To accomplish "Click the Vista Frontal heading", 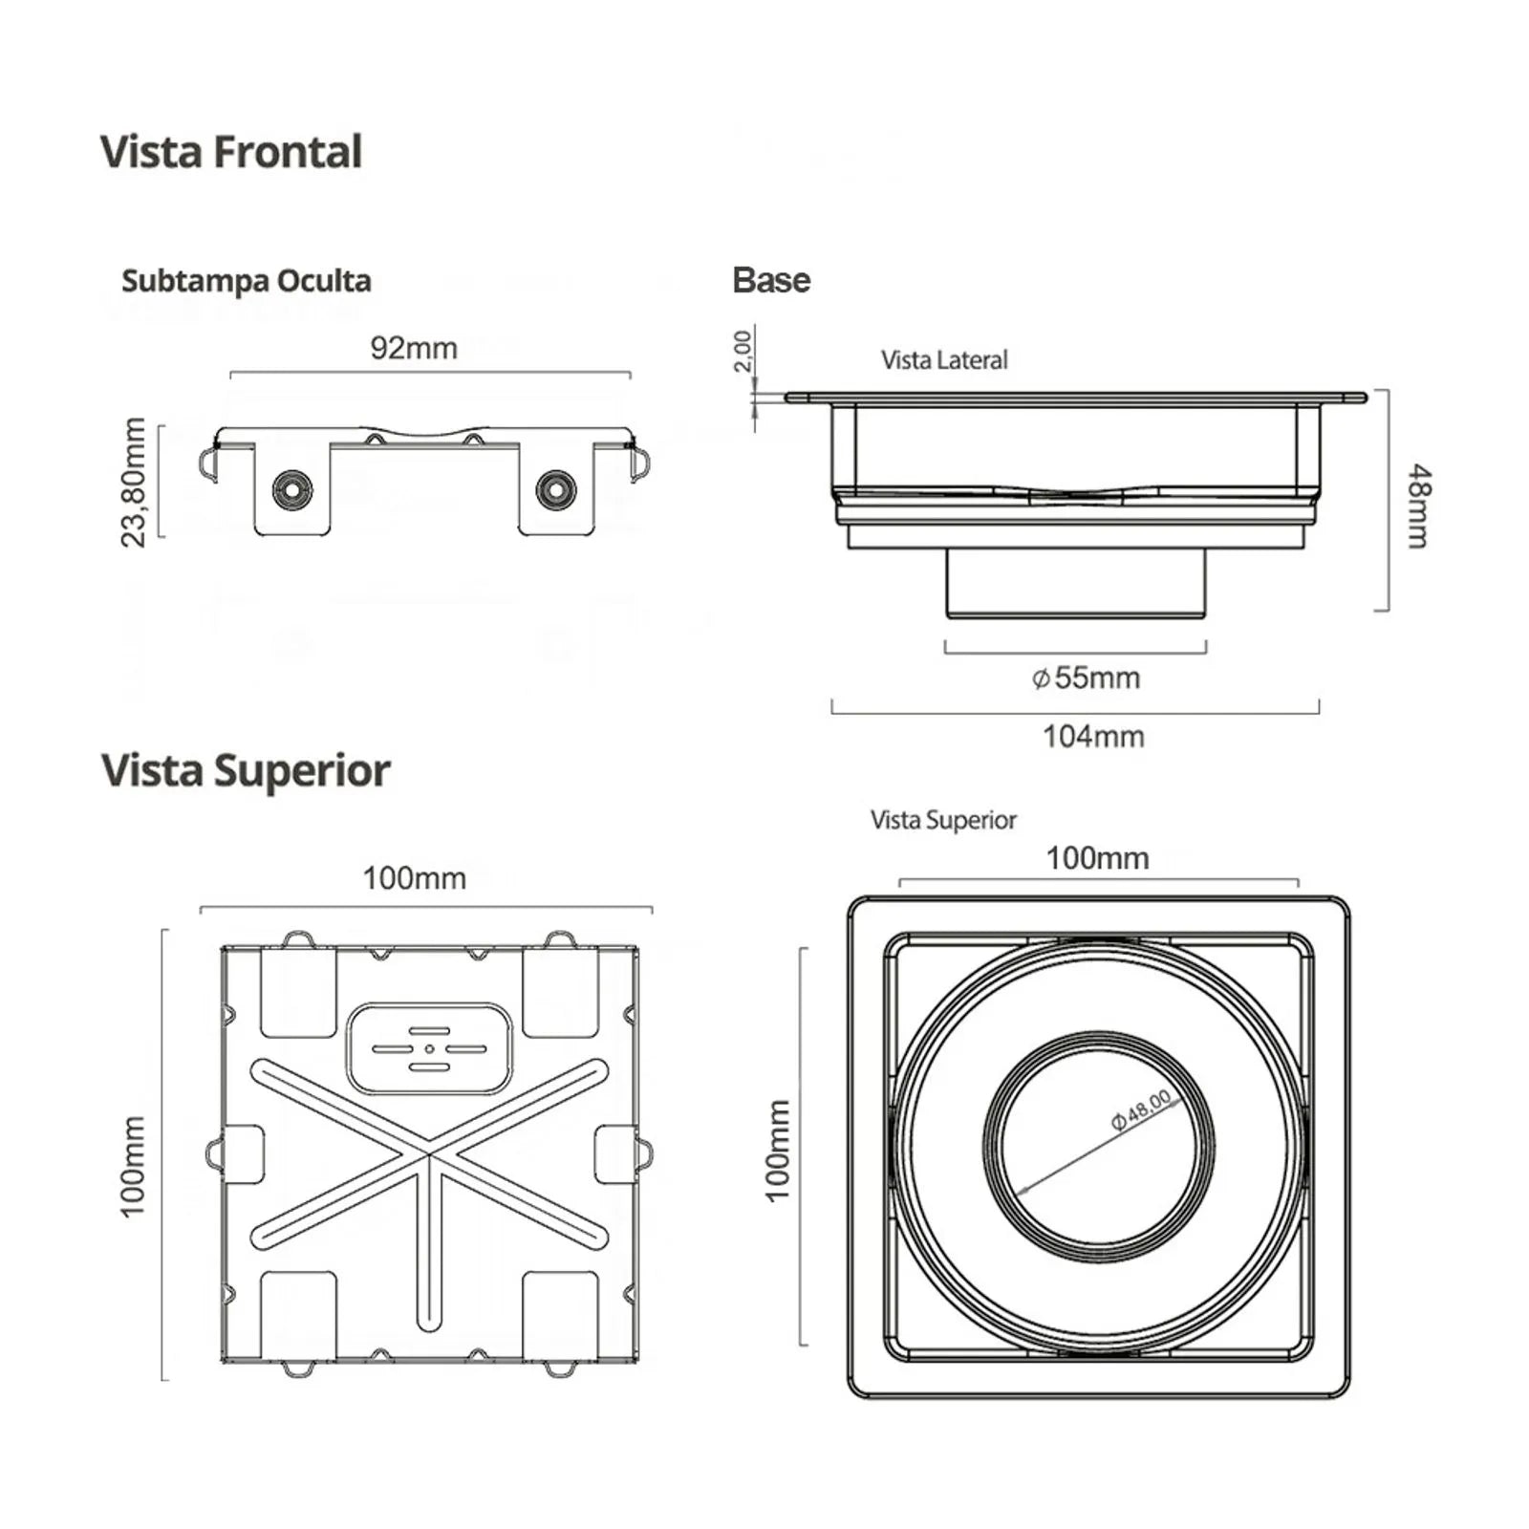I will pyautogui.click(x=230, y=152).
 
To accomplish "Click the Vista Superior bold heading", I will pyautogui.click(x=246, y=770).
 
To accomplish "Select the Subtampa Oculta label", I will pyautogui.click(x=246, y=281).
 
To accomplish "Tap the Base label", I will pyautogui.click(x=770, y=280).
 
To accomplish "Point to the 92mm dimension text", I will pyautogui.click(x=414, y=348).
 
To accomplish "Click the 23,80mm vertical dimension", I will pyautogui.click(x=134, y=483).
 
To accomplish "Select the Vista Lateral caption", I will pyautogui.click(x=943, y=360).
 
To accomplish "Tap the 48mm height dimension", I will pyautogui.click(x=1419, y=506).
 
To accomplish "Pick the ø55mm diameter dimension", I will pyautogui.click(x=1086, y=678).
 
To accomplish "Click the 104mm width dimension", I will pyautogui.click(x=1092, y=737).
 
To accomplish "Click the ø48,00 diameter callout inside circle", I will pyautogui.click(x=1141, y=1109).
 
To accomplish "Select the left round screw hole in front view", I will pyautogui.click(x=291, y=490).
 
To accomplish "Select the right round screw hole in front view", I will pyautogui.click(x=555, y=489).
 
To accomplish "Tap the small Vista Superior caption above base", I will pyautogui.click(x=942, y=820).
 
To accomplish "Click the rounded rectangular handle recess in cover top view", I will pyautogui.click(x=430, y=1048).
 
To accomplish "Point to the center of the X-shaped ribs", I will pyautogui.click(x=430, y=1155).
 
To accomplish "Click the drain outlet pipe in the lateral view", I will pyautogui.click(x=1075, y=584).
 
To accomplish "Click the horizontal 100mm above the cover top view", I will pyautogui.click(x=414, y=878).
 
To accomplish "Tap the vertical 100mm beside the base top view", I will pyautogui.click(x=778, y=1150).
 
